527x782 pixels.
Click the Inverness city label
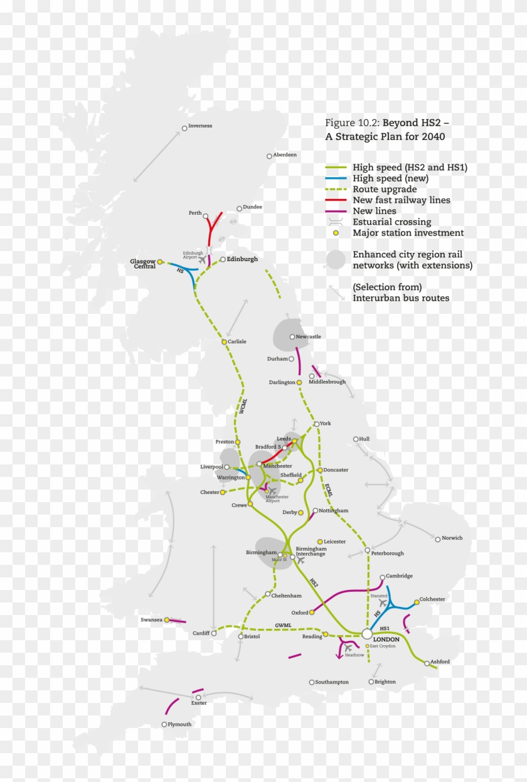coord(200,126)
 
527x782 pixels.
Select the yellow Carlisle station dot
coord(224,342)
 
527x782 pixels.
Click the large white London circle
coord(367,634)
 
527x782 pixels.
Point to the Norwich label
coord(452,538)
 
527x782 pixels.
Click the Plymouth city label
coord(179,724)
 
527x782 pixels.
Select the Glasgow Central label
coord(142,264)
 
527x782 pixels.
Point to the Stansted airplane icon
coord(382,603)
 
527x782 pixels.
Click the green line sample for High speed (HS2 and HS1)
coord(336,168)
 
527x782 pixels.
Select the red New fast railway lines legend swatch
coord(336,200)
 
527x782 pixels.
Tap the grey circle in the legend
coord(336,260)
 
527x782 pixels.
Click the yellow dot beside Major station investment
coord(336,233)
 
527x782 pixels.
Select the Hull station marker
coord(356,439)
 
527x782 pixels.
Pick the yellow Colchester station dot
coord(416,603)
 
